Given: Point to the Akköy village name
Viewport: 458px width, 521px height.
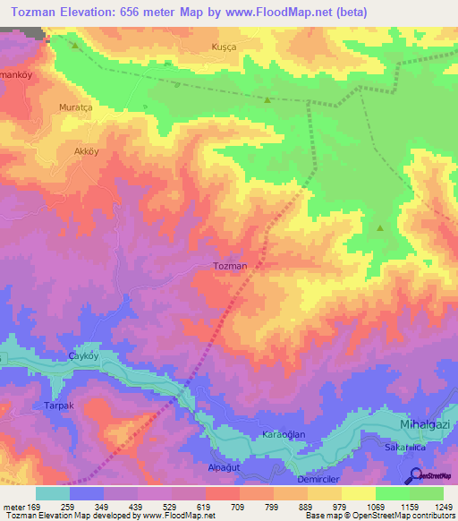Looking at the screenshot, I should pyautogui.click(x=87, y=152).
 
